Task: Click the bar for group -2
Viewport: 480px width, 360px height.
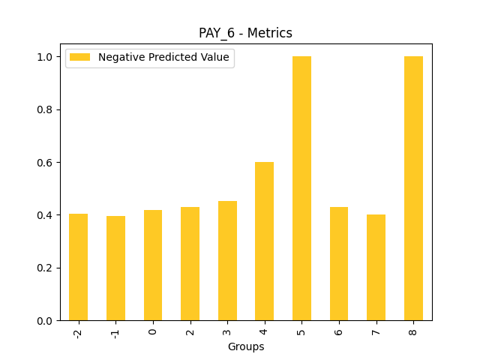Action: [x=78, y=267]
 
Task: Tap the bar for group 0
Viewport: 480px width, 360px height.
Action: [x=153, y=265]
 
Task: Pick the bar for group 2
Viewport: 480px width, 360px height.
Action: [x=190, y=264]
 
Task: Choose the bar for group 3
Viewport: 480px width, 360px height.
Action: [x=227, y=261]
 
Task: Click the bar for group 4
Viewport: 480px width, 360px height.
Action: [x=264, y=241]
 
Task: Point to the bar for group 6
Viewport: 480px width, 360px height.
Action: [x=339, y=264]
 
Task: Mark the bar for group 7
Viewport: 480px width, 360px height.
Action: [x=376, y=268]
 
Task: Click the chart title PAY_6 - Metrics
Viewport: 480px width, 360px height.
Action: [x=245, y=33]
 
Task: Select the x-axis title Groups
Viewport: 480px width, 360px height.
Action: [x=246, y=346]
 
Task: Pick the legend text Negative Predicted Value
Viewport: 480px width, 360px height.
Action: [x=163, y=58]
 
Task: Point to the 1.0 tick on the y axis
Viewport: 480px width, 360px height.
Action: [x=45, y=57]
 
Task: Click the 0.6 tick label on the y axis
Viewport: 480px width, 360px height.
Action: [x=45, y=163]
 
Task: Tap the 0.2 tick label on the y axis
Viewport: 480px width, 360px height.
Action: [x=45, y=268]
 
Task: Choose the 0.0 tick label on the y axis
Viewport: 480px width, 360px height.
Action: [x=45, y=321]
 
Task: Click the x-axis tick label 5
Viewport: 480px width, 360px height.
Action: [x=301, y=331]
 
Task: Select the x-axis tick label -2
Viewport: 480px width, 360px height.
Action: [x=78, y=332]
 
